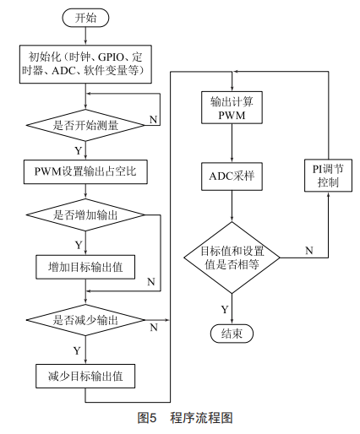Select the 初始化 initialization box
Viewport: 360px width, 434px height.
click(86, 65)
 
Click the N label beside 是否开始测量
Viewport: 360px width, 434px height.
click(152, 119)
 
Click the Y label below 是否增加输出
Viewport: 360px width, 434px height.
click(79, 244)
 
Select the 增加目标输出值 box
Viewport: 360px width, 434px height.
click(86, 267)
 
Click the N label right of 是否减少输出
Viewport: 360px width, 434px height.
click(153, 326)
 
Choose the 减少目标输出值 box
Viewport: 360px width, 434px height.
click(86, 374)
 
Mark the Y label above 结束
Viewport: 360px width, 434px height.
click(224, 308)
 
